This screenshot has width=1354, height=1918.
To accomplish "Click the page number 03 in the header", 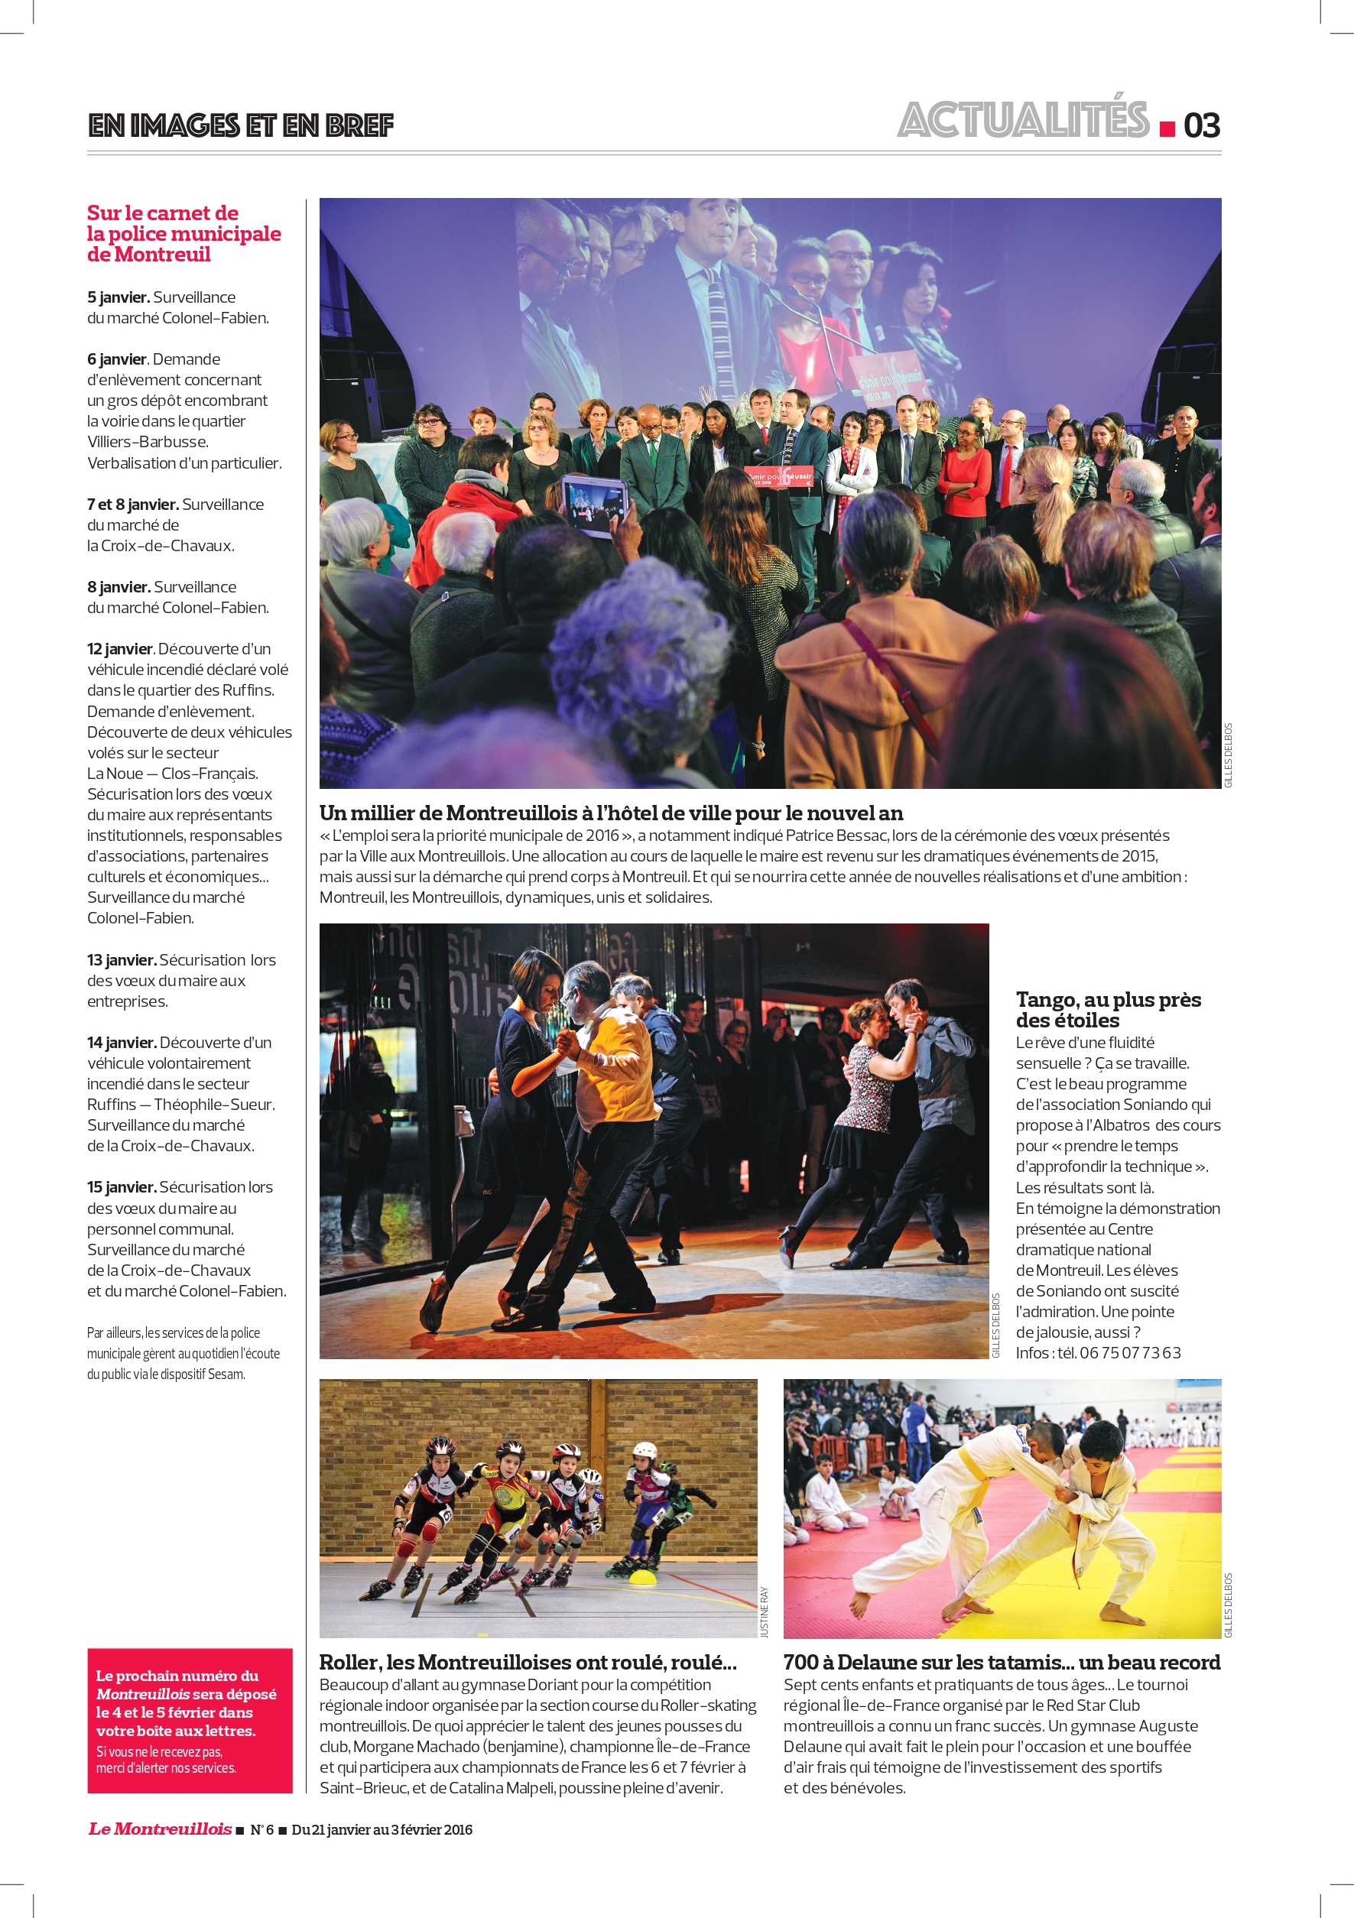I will point(1201,125).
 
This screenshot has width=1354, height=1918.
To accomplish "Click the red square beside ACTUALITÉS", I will point(1167,128).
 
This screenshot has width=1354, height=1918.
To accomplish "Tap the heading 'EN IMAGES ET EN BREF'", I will point(241,125).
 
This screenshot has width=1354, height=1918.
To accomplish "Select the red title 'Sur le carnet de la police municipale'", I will point(183,233).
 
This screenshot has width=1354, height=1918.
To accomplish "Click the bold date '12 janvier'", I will point(119,649).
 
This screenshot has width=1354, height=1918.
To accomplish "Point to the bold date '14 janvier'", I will point(121,1043).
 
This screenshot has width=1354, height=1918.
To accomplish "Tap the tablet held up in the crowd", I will point(594,505).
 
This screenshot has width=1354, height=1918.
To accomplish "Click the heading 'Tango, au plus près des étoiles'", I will point(1108,1009).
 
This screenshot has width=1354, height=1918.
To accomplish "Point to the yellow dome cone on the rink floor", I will point(642,1577).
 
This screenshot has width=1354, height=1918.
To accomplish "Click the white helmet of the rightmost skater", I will point(645,1451).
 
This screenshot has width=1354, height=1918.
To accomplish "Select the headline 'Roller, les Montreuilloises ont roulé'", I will point(528,1663).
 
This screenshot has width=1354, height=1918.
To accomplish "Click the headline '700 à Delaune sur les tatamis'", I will point(1002,1663).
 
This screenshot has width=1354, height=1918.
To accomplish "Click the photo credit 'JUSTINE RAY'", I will point(764,1612).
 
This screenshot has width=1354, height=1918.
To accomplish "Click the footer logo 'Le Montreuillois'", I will point(160,1829).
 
